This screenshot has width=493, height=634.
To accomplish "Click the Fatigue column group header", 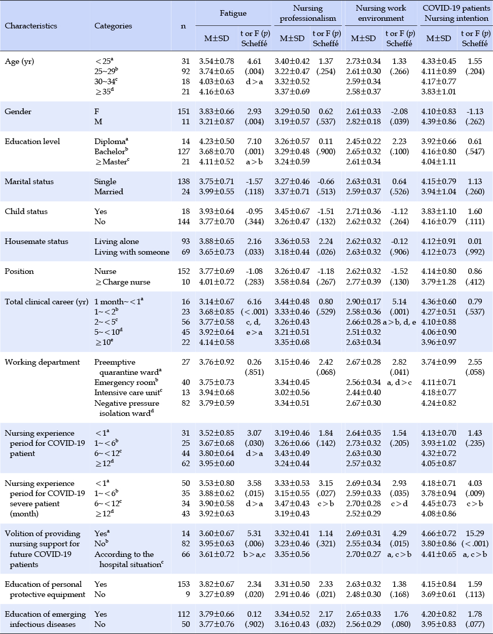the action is pyautogui.click(x=233, y=13).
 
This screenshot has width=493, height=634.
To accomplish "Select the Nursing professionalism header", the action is pyautogui.click(x=308, y=13).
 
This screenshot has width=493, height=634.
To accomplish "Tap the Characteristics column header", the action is pyautogui.click(x=31, y=26).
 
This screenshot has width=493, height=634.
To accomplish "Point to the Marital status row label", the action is pyautogui.click(x=29, y=182).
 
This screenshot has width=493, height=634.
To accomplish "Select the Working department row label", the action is pyautogui.click(x=42, y=362).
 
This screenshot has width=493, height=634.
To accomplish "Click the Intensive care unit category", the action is pyautogui.click(x=128, y=393).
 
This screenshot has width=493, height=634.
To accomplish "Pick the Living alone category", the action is pyautogui.click(x=116, y=241).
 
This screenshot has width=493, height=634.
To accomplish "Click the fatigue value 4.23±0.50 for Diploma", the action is pyautogui.click(x=217, y=141).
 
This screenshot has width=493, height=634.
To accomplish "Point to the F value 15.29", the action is pyautogui.click(x=475, y=534).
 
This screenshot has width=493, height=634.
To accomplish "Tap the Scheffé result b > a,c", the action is pyautogui.click(x=255, y=554).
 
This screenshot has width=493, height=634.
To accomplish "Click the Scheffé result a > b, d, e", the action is pyautogui.click(x=399, y=322).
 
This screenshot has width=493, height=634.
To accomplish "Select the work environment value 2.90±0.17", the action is pyautogui.click(x=364, y=302).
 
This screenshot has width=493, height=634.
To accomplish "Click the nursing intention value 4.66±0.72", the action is pyautogui.click(x=438, y=534).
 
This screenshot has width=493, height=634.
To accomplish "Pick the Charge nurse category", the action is pyautogui.click(x=122, y=282).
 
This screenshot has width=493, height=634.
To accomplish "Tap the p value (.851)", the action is pyautogui.click(x=255, y=372).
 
